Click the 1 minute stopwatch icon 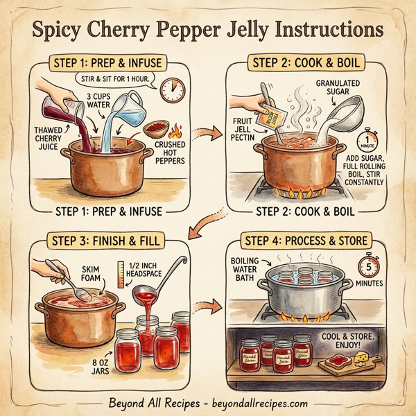[365, 142]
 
